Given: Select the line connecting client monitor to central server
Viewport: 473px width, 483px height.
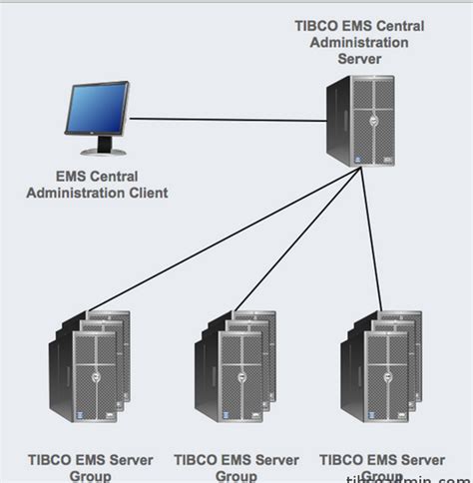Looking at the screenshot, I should tap(230, 121).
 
